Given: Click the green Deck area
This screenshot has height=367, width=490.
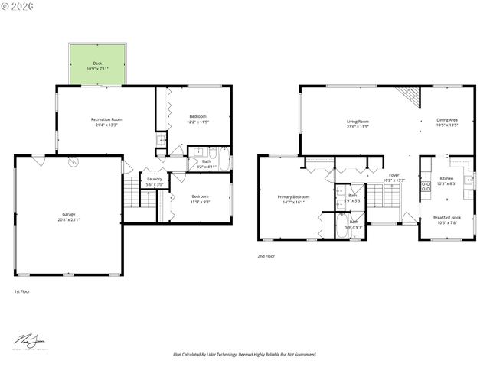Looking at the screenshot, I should point(97,65).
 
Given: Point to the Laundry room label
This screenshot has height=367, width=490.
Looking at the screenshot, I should point(155,182).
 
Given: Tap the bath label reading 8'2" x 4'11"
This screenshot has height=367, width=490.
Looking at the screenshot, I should point(206,164).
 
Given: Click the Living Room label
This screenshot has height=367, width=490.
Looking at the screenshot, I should point(358,123).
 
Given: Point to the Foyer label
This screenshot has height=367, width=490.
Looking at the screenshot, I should point(394,177).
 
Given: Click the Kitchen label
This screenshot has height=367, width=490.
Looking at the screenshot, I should point(446,180).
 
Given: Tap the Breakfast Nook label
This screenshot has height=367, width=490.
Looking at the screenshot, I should point(446,220).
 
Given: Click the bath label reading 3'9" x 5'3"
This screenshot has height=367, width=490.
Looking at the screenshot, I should point(353,198).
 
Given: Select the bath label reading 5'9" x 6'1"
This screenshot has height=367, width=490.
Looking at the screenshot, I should point(353,224).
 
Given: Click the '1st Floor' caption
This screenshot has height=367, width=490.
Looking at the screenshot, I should point(22,291).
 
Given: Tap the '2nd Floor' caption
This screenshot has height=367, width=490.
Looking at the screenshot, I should point(266,256).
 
